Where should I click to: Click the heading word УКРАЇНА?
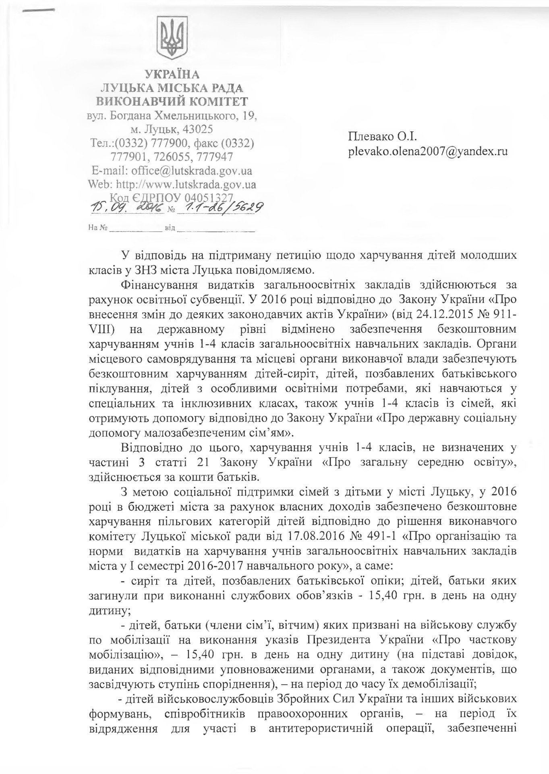(172, 75)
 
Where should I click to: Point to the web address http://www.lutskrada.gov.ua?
(186, 185)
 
